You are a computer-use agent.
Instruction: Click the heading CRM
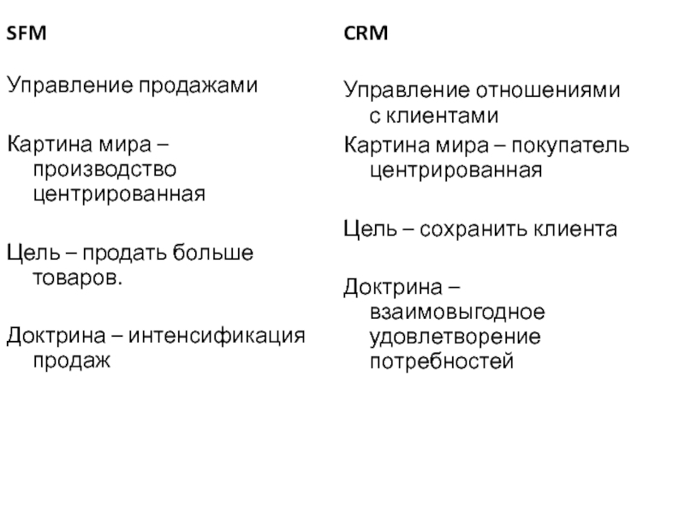click(x=366, y=35)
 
